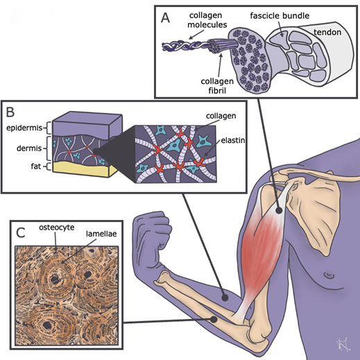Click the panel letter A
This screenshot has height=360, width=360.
pos(165,18)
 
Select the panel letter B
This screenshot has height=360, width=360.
pos(10,112)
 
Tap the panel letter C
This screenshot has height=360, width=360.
pos(21,232)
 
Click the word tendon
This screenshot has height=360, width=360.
pos(327,32)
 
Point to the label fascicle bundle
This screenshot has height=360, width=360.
pos(280,16)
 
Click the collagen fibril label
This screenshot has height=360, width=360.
pos(217,86)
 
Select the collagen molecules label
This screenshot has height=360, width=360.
pos(207,20)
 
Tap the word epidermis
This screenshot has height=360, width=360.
pos(24,128)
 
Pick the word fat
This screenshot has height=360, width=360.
pos(36,166)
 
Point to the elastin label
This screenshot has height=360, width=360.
pos(233,140)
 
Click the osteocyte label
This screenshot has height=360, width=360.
pos(57,228)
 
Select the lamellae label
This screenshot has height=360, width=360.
pos(101,234)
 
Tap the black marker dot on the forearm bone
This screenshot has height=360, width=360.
pos(214,320)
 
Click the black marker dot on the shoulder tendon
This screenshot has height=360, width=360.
pos(280,210)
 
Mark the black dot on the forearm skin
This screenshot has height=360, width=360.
pos(225,298)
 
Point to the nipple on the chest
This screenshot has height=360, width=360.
pos(328,275)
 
